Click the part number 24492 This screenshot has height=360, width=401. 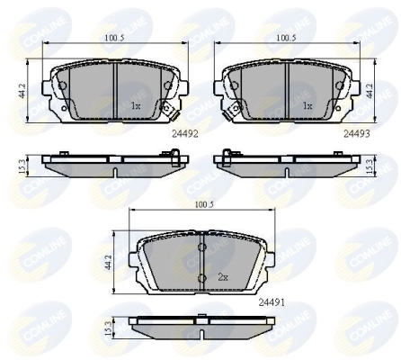(x=185, y=134)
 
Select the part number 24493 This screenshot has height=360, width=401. (x=357, y=133)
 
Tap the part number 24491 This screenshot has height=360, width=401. (x=272, y=303)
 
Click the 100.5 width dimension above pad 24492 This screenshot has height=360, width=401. (x=114, y=38)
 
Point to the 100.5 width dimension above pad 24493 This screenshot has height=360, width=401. (x=286, y=38)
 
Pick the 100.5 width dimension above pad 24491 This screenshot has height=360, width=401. (x=204, y=205)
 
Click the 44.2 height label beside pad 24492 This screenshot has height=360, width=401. (x=22, y=90)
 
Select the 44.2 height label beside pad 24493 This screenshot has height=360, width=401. (x=370, y=90)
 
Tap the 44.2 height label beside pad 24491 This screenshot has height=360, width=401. (x=108, y=262)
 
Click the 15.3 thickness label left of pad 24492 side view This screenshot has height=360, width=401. (x=22, y=166)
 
